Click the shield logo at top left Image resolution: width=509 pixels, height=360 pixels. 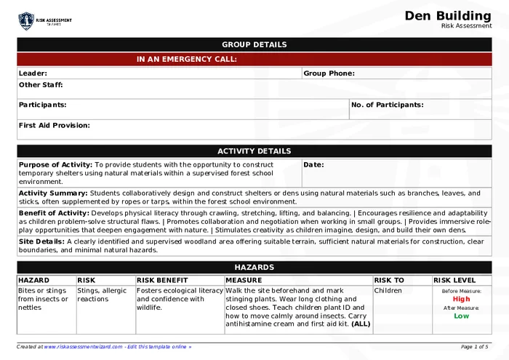coord(26,21)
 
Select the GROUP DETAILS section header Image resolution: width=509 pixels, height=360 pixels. coord(254,44)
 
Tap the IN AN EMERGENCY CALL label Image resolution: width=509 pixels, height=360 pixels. coord(187,59)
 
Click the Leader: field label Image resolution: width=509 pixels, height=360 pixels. coord(33,73)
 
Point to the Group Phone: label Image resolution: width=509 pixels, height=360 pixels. coord(329,73)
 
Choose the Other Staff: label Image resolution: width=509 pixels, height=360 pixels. coord(41,84)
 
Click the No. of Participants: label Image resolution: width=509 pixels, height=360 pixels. coord(387,105)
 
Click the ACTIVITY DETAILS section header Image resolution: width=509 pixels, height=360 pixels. coord(254,151)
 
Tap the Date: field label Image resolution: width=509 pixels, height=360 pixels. coord(313,164)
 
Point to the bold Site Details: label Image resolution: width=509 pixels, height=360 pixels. coord(41,241)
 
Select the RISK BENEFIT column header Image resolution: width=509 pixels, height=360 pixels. coord(162,280)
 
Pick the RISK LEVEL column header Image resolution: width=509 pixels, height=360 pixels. coord(454,280)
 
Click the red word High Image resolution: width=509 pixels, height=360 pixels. coord(461,299)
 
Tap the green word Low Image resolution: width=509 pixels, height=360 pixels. coord(461,316)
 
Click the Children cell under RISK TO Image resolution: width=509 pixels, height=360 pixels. coord(388,290)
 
